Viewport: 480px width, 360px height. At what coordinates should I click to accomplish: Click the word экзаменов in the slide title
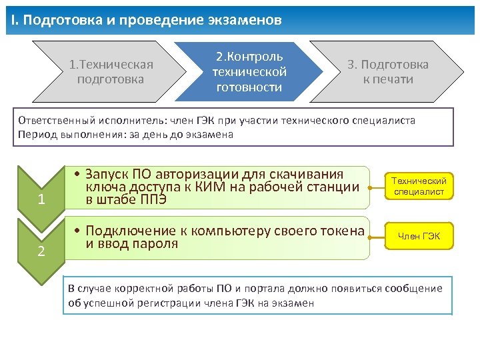pos(247,21)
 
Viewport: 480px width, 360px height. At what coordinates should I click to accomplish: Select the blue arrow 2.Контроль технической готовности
pos(249,71)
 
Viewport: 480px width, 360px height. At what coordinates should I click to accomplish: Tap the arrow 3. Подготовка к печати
pos(387,72)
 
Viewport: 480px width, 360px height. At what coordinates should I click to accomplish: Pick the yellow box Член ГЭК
pos(419,236)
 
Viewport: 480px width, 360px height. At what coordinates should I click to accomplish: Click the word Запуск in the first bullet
pos(111,174)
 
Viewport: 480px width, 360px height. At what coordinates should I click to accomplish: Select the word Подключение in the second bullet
pos(134,231)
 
